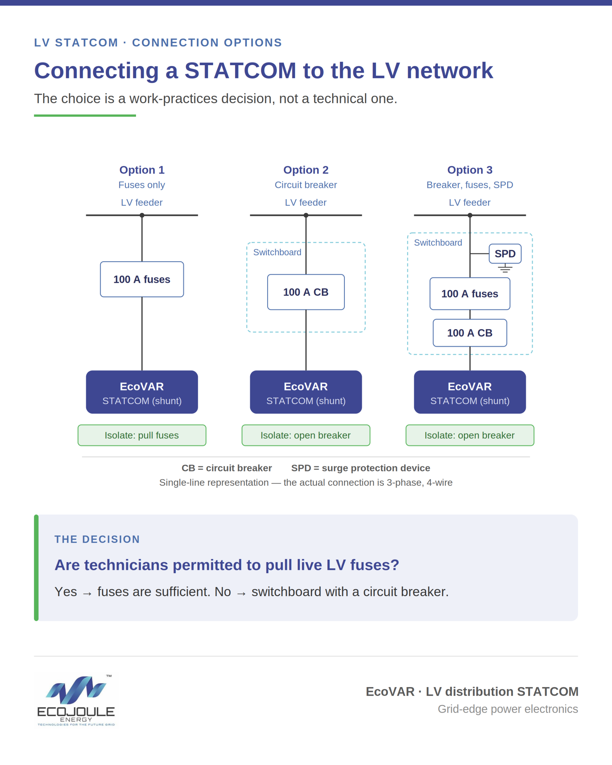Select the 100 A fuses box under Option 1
tap(142, 279)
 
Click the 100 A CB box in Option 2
tap(306, 292)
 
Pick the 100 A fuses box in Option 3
tap(470, 294)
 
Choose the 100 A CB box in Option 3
tap(470, 333)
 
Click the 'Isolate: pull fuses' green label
tap(142, 435)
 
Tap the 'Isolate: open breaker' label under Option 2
tap(306, 435)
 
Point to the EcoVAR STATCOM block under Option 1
tap(142, 392)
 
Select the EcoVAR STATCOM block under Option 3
tap(470, 392)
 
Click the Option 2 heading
tap(306, 170)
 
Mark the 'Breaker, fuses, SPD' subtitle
tap(470, 185)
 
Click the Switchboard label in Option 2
tap(277, 252)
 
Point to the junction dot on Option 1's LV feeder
tap(142, 215)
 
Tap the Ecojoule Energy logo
tap(76, 701)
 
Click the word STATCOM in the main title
tap(240, 70)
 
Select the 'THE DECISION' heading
tap(97, 539)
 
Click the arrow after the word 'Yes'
tap(87, 593)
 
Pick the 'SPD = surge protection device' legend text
tap(360, 468)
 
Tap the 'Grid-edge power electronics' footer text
tap(508, 709)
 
